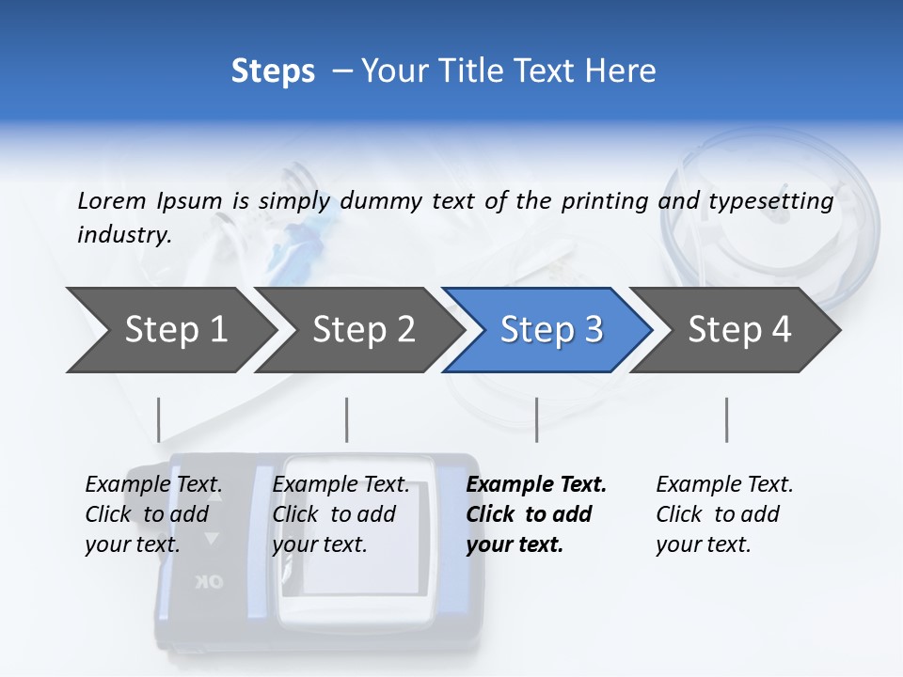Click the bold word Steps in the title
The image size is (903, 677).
pos(273,71)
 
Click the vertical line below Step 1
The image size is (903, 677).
pos(159,419)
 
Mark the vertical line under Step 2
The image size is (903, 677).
pos(347,419)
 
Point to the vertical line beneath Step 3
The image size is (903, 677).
pos(536,419)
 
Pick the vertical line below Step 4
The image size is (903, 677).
pos(726,419)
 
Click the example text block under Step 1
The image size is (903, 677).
pos(153,514)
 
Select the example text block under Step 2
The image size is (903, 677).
pos(341,514)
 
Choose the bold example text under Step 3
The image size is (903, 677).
pos(536,514)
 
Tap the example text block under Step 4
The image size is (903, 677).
pos(724,514)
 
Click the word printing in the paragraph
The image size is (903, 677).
pos(603,201)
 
